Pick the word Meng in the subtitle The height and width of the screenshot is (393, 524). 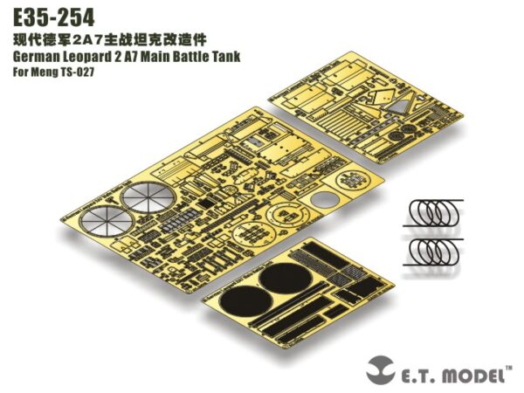[x=47, y=72]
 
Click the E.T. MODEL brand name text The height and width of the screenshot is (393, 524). [x=451, y=376]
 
